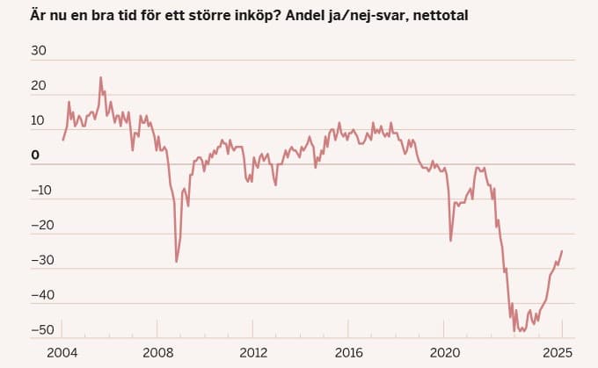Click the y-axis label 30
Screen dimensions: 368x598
pos(39,50)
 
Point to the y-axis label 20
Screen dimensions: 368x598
pos(39,85)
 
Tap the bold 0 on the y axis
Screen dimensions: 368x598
pos(36,155)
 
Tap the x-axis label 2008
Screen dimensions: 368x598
pos(157,353)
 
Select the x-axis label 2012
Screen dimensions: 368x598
pos(253,353)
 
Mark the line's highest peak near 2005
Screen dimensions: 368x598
pos(100,77)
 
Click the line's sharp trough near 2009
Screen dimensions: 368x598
pos(176,262)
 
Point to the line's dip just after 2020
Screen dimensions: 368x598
pos(450,241)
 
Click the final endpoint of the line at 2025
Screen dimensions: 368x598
pos(562,251)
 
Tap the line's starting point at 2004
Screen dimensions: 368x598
pos(62,140)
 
